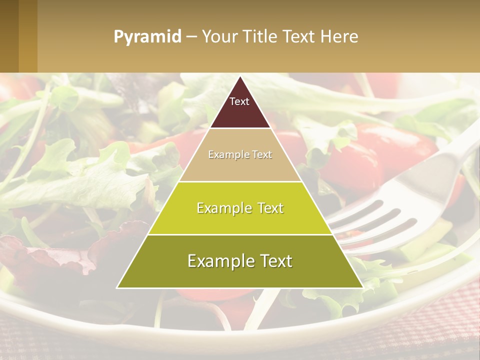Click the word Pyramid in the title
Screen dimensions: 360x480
[x=147, y=37]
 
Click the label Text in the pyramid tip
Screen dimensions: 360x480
[x=239, y=101]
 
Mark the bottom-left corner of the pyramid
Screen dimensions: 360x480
[x=118, y=287]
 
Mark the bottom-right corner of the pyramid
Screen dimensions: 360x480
[x=362, y=287]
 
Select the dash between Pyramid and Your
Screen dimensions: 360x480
[x=191, y=37]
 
